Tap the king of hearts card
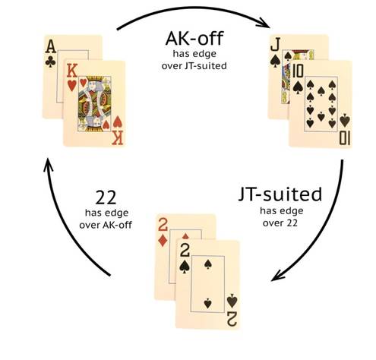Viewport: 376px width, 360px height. tap(94, 103)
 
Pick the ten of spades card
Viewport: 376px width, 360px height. tap(321, 104)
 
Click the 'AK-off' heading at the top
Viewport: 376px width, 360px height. tap(194, 39)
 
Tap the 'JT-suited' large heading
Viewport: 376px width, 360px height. tap(280, 195)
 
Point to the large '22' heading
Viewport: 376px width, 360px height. tap(106, 198)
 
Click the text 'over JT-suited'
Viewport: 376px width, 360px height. tap(194, 66)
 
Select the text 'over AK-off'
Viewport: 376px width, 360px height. tap(106, 225)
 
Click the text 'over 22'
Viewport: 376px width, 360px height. tap(280, 223)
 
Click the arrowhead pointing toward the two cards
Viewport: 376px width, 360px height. tap(277, 276)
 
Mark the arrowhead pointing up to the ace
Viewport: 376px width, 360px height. tap(48, 165)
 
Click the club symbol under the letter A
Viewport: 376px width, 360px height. tap(51, 62)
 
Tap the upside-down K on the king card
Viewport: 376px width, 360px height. tap(118, 138)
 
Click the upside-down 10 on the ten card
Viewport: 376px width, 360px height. tap(345, 140)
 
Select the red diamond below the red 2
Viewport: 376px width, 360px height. tap(163, 240)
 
